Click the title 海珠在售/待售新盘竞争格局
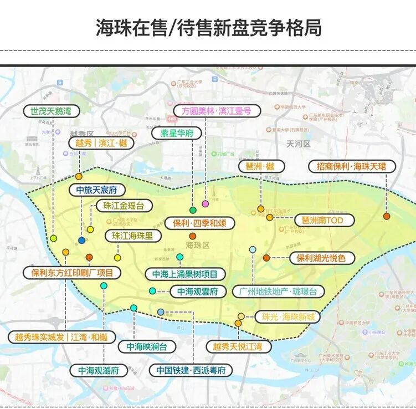(x=208, y=27)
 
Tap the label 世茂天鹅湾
(x=52, y=111)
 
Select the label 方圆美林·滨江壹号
(x=213, y=111)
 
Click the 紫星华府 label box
(x=177, y=134)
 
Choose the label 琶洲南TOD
(x=323, y=220)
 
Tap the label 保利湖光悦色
(x=321, y=258)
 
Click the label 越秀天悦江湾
(x=237, y=347)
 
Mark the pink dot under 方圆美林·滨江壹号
(x=206, y=204)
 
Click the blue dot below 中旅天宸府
(x=82, y=241)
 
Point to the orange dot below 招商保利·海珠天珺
(x=386, y=216)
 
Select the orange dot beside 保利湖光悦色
(x=266, y=258)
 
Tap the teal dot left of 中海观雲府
(x=152, y=291)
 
